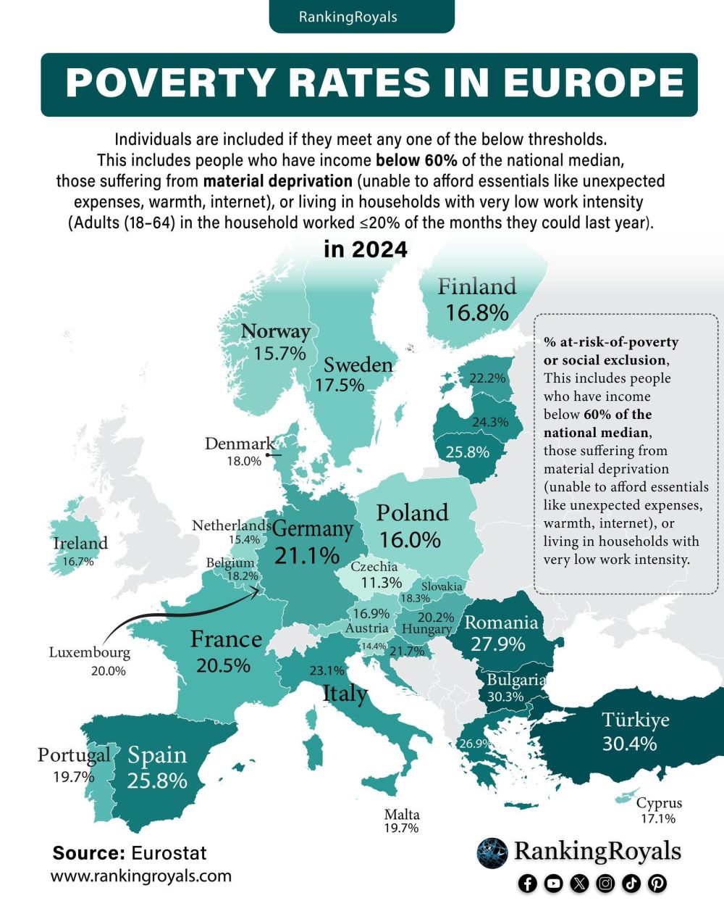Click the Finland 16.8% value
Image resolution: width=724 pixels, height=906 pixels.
pyautogui.click(x=477, y=313)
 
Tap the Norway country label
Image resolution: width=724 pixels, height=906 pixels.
pyautogui.click(x=275, y=331)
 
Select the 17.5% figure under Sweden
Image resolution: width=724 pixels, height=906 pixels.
pyautogui.click(x=340, y=385)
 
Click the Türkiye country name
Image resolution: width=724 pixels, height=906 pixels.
pyautogui.click(x=635, y=720)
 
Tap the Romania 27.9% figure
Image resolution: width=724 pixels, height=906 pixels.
pyautogui.click(x=497, y=644)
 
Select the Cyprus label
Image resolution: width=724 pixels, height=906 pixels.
pyautogui.click(x=659, y=803)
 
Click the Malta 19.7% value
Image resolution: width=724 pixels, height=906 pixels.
pyautogui.click(x=402, y=828)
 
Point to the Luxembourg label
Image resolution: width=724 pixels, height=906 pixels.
pyautogui.click(x=90, y=652)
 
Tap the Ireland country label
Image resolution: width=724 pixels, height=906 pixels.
pyautogui.click(x=80, y=543)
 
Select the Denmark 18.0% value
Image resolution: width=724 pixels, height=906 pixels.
pyautogui.click(x=244, y=461)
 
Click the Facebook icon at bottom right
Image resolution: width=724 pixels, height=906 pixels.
pyautogui.click(x=528, y=883)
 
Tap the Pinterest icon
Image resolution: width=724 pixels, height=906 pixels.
pyautogui.click(x=657, y=883)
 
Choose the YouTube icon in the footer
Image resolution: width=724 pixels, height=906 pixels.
pyautogui.click(x=554, y=883)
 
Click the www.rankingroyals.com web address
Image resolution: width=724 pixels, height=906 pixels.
pyautogui.click(x=141, y=876)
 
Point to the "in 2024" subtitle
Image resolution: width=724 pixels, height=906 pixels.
pyautogui.click(x=366, y=249)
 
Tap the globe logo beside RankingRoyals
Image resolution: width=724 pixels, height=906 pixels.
pyautogui.click(x=492, y=852)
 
